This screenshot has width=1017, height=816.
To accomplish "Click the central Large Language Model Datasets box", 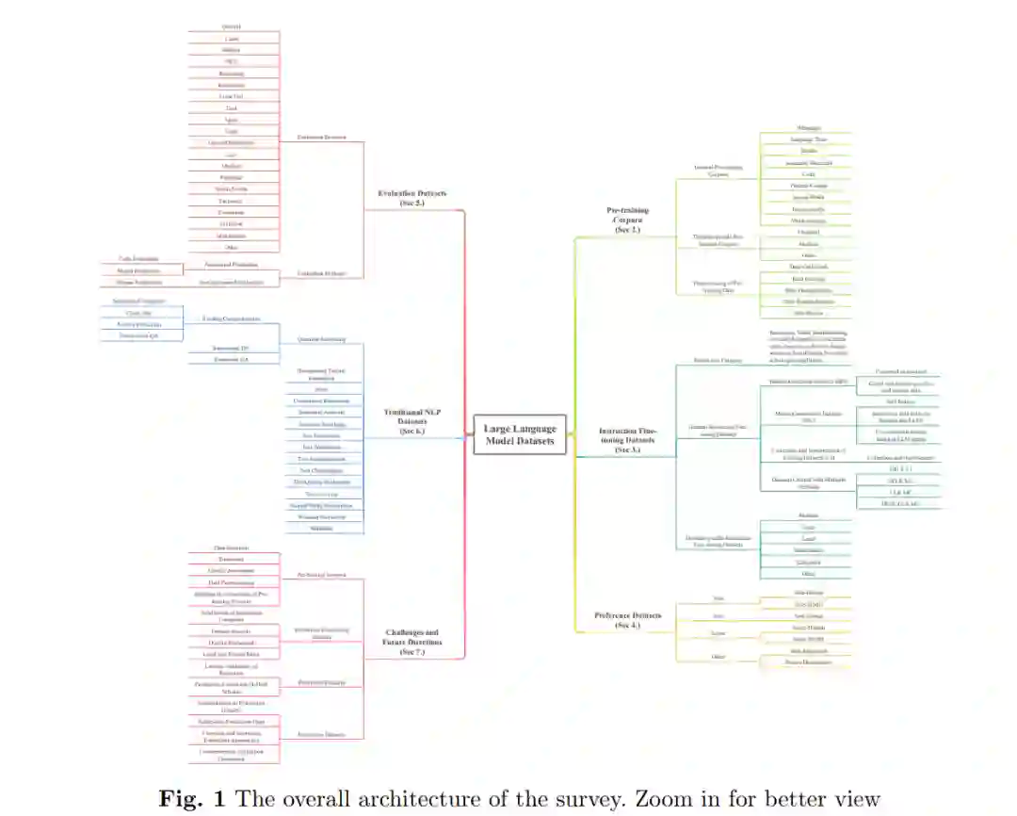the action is point(521,434).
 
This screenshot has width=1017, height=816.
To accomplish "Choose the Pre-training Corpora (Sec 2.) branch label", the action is point(627,219).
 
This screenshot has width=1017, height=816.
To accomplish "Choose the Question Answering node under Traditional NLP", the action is point(323,338).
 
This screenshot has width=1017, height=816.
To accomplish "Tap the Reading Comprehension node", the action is point(231,319).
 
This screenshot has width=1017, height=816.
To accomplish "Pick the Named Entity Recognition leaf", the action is point(323,506).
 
